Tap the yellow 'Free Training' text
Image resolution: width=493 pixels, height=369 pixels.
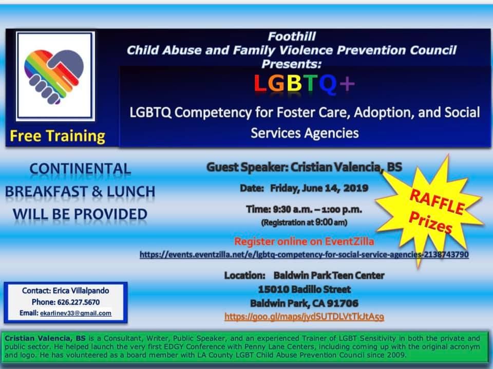(58, 136)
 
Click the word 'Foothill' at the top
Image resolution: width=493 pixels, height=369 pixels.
(292, 36)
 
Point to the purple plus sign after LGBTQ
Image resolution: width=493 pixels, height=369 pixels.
(347, 84)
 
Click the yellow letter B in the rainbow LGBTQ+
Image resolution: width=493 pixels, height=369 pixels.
(295, 83)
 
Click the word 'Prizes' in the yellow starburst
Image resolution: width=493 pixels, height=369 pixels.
(431, 223)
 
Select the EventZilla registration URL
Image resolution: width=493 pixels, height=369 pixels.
(304, 254)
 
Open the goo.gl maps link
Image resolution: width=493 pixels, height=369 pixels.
(304, 317)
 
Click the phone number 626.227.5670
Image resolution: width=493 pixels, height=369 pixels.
(78, 302)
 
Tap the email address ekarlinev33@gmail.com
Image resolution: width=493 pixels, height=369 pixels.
(76, 313)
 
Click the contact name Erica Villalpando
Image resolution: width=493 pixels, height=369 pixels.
(81, 290)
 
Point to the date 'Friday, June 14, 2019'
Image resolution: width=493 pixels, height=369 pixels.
(319, 188)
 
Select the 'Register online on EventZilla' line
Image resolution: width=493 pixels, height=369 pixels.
(304, 242)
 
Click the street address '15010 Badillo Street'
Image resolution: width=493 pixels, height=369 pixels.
(305, 289)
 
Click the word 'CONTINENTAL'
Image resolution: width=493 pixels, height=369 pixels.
(80, 169)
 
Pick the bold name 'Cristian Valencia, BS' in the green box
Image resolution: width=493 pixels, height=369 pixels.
(45, 339)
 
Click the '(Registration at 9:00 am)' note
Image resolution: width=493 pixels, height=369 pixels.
(304, 223)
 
